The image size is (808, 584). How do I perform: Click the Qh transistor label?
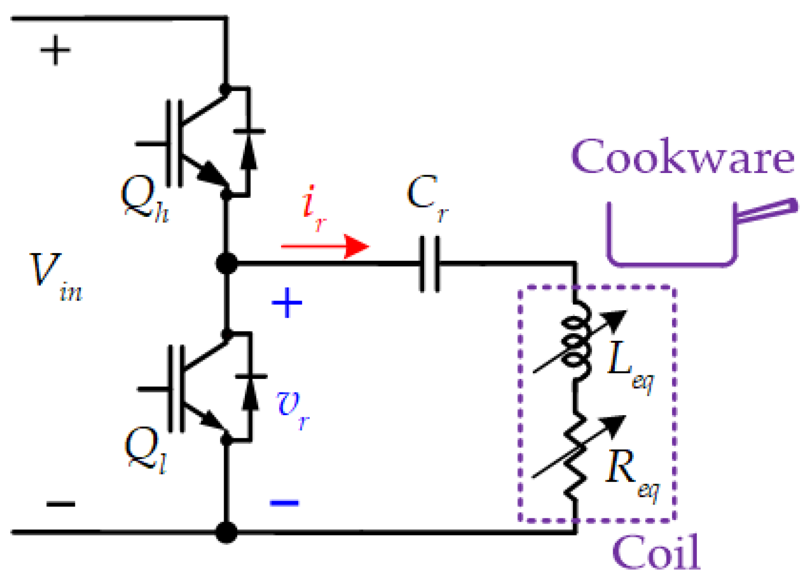144,199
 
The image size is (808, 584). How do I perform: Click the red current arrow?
325,246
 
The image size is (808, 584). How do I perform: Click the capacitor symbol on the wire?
429,264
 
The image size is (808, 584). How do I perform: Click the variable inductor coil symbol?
577,341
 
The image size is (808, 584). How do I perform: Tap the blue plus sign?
287,303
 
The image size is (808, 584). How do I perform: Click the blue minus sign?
284,502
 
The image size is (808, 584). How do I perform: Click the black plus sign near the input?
55,50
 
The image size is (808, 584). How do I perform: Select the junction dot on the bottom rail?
226,532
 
